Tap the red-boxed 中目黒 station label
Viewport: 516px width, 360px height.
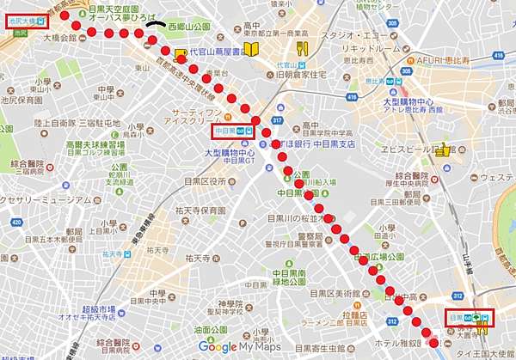[x=233, y=131]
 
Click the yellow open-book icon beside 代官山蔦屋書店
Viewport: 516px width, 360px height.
[x=250, y=49]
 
